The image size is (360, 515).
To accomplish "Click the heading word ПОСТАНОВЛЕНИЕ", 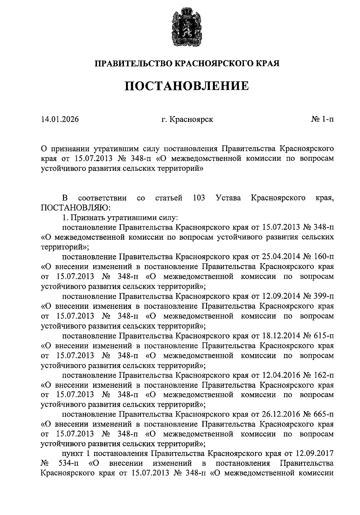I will coord(187,86).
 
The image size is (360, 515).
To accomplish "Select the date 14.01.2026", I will coord(60,119).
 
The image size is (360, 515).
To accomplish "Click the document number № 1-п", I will coord(322,119).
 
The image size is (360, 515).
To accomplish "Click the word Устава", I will coord(228,198).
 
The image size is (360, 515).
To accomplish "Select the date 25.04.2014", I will coord(281,257).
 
